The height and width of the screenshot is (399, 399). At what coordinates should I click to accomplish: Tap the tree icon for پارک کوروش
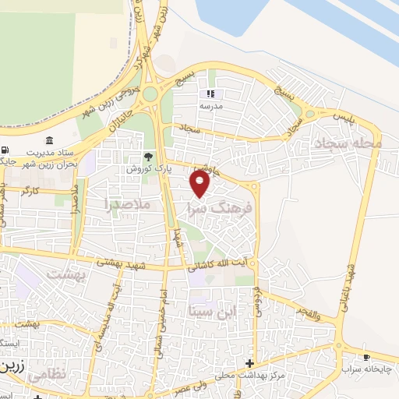tap(139, 156)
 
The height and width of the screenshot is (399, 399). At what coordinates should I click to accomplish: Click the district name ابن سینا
tap(210, 311)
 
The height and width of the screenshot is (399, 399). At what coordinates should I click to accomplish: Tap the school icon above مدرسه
tap(210, 94)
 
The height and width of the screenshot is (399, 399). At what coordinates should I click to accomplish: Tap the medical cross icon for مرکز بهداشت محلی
tap(249, 363)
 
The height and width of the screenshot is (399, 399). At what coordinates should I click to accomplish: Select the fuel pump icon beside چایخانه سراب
tap(367, 356)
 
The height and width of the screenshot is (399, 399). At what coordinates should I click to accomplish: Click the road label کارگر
tap(31, 189)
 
